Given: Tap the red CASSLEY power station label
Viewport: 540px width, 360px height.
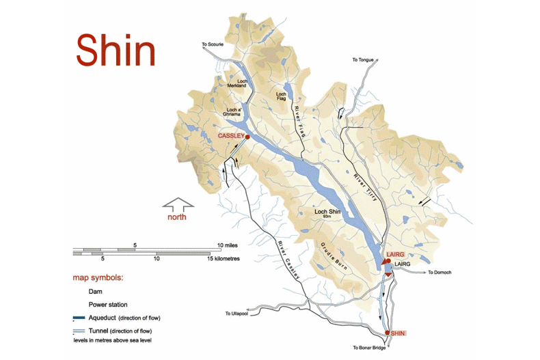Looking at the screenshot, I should point(230,136).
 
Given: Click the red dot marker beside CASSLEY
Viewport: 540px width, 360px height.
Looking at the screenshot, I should point(247,137).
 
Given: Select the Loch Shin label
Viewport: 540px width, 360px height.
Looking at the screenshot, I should point(327,212).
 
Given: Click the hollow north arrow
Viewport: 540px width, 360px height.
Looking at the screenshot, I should point(178,203).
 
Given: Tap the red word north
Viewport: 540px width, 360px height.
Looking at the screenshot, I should point(177,217).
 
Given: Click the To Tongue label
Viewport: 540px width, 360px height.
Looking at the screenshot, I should point(364,60).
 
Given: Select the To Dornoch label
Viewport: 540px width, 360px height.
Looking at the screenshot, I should point(441,273).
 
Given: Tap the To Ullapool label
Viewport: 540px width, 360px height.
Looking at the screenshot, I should point(237,314).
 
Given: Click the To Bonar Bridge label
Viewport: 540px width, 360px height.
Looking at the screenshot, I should point(370,348).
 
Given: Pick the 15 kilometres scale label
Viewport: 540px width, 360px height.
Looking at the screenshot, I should point(222,259).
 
